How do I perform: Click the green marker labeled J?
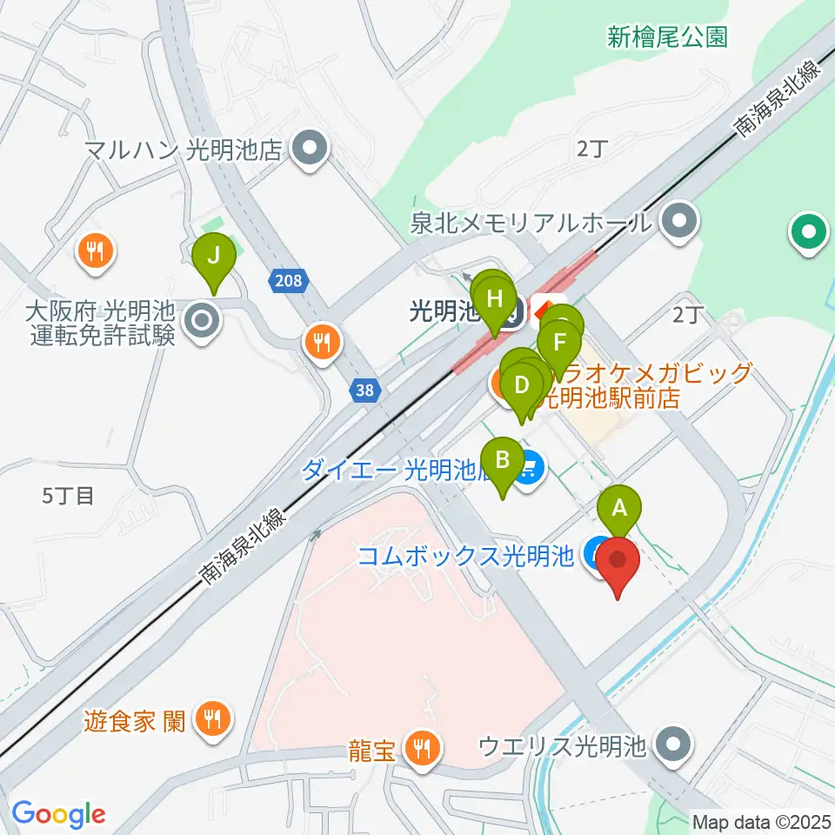[x=214, y=257]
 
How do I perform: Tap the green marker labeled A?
[x=619, y=507]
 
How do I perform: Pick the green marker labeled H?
[x=495, y=299]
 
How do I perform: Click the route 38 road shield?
[x=365, y=391]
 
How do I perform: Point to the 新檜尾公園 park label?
[x=667, y=37]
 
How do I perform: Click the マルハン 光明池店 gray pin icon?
[x=308, y=150]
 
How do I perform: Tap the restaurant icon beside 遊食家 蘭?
[x=210, y=718]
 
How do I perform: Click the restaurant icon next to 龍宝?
[x=424, y=747]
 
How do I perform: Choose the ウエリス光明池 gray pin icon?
[x=672, y=745]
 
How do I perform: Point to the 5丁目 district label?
[x=68, y=497]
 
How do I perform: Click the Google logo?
[x=57, y=815]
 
